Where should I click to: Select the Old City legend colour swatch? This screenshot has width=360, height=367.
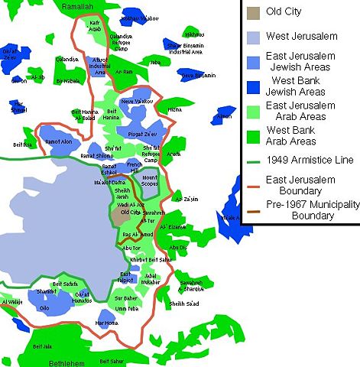click(252, 13)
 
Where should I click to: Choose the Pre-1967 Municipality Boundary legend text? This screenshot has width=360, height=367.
click(306, 209)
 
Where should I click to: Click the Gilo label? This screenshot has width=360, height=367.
click(44, 307)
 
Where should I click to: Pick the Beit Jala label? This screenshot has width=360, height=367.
click(44, 346)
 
